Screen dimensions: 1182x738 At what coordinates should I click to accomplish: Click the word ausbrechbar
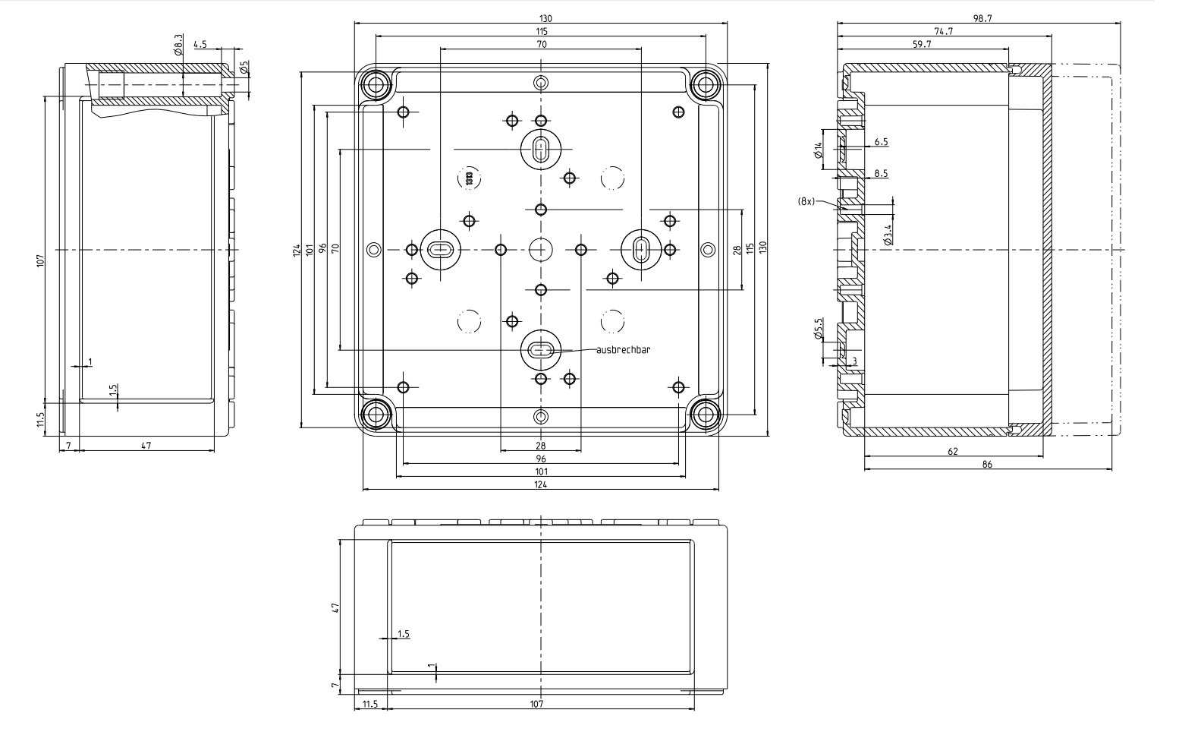[x=623, y=350]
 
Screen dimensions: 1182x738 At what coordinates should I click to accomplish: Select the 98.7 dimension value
[x=982, y=18]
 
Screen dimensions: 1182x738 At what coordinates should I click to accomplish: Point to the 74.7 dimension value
[x=944, y=31]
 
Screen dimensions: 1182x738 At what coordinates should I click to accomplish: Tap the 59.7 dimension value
[x=922, y=44]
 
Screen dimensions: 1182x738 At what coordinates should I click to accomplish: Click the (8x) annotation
[x=806, y=201]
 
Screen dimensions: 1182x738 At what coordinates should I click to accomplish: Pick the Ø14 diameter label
[x=819, y=150]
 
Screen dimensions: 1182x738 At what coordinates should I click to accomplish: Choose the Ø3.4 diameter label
[x=888, y=235]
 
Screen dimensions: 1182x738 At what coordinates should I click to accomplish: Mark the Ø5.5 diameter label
[x=819, y=329]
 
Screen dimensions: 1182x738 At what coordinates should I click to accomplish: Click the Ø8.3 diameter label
[x=178, y=45]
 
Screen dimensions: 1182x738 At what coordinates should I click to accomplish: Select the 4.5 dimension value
[x=200, y=44]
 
